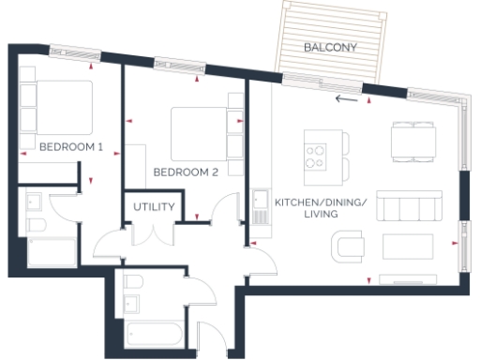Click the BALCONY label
[329, 46]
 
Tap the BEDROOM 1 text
[70, 147]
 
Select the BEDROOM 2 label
[186, 172]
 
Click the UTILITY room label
[154, 206]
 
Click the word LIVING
[320, 215]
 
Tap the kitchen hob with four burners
[316, 155]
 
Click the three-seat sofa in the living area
[409, 208]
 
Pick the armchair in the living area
[349, 246]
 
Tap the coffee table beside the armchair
[408, 246]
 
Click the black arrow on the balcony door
[346, 96]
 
